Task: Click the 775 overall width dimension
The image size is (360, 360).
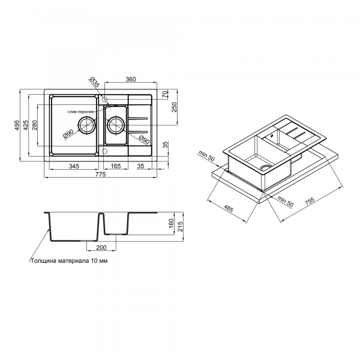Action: (101, 175)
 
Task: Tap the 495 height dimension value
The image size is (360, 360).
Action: (17, 125)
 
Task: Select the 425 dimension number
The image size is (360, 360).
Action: (26, 125)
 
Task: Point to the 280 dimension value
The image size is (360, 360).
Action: (34, 125)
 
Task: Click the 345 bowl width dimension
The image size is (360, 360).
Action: (74, 166)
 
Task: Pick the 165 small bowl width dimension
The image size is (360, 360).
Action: (115, 166)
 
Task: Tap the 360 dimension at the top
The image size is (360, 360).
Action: (131, 79)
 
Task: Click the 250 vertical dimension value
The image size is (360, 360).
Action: (175, 107)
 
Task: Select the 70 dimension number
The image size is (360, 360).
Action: (165, 95)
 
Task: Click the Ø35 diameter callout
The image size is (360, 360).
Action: (94, 82)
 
